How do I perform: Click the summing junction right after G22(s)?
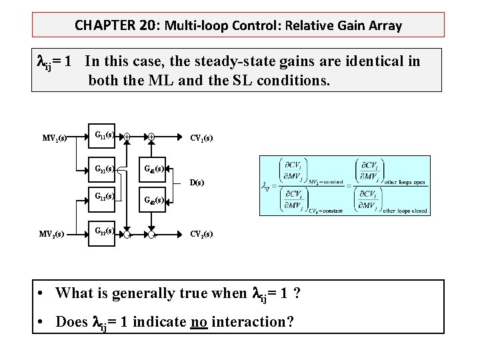tap(130, 234)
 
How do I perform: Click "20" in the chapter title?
tap(129, 26)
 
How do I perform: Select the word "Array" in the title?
tap(384, 26)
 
